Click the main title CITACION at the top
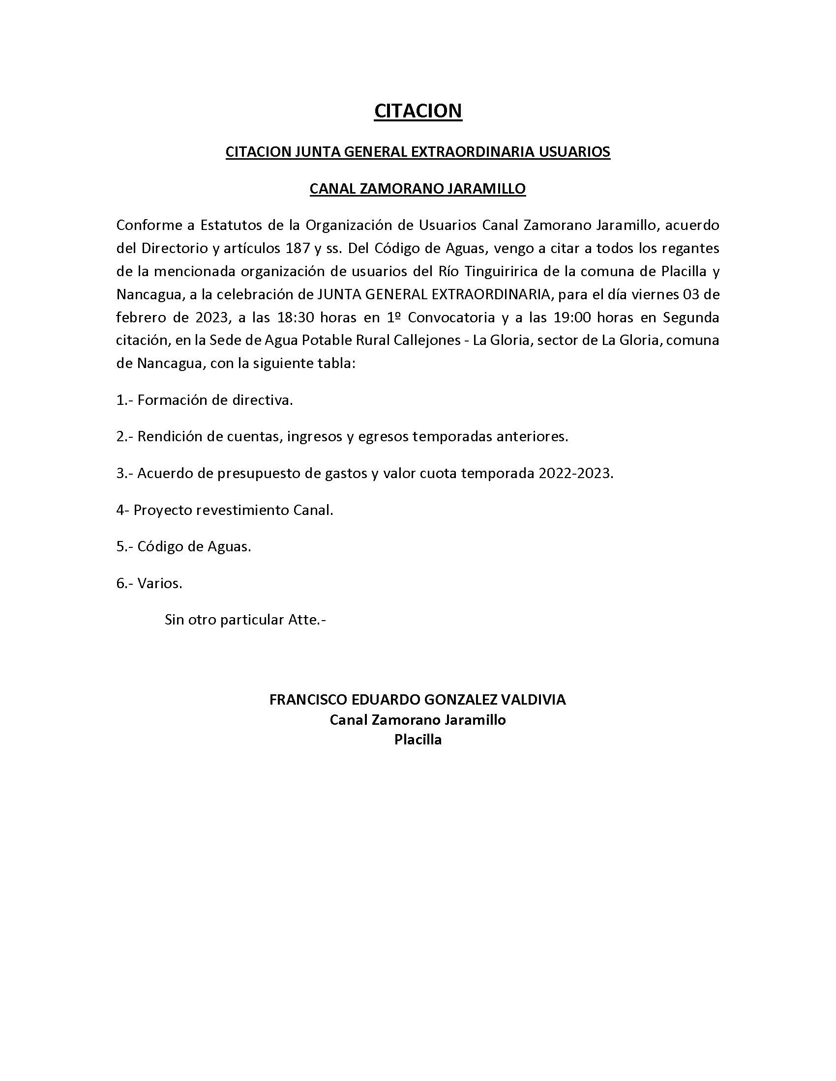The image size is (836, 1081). (418, 111)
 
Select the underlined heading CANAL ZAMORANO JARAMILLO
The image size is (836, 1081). (418, 189)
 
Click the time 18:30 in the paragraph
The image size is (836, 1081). (296, 317)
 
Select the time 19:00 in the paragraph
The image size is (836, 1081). (572, 317)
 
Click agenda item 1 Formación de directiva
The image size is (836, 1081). (205, 400)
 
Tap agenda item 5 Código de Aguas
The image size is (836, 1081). (184, 546)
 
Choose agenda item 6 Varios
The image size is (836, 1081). (149, 583)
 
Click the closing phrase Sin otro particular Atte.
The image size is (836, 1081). (245, 620)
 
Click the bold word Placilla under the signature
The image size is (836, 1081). (418, 740)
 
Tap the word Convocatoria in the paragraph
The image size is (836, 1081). (451, 317)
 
